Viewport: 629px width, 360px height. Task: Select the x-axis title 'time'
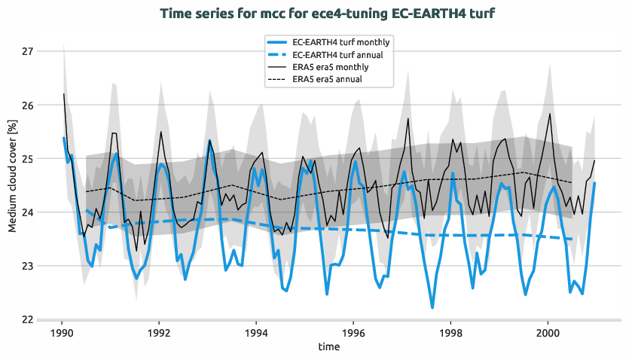pos(328,347)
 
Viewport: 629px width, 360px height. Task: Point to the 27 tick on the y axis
pos(29,52)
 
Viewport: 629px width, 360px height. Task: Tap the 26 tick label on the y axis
pos(29,105)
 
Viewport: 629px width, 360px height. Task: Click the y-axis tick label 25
pos(29,159)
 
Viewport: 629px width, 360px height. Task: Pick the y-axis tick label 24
pos(29,212)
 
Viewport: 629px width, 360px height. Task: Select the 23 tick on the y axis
pos(29,266)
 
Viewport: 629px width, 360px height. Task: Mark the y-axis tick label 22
pos(29,319)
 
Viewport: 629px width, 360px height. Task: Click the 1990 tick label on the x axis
pos(62,332)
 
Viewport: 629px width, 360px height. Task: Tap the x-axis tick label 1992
pos(159,332)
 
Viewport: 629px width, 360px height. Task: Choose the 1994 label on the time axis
pos(256,332)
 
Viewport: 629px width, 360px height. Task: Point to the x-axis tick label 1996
pos(353,332)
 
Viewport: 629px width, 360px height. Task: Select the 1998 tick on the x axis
pos(450,332)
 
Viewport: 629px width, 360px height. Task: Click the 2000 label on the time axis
pos(548,332)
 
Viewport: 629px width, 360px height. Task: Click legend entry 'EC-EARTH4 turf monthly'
pos(340,42)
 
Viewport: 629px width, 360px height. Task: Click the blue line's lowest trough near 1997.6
pos(432,307)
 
